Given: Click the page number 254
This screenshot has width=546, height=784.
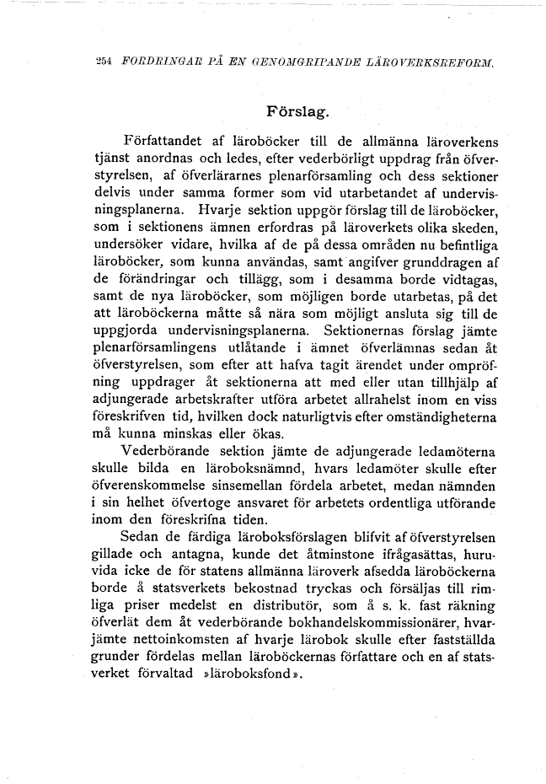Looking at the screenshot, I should [105, 62].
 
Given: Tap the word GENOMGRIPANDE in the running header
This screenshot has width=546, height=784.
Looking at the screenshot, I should [298, 62].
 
